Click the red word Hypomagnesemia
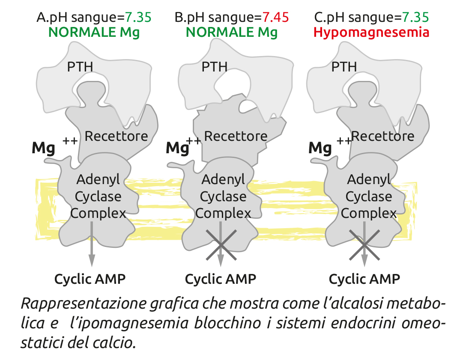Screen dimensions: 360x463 pyautogui.click(x=371, y=32)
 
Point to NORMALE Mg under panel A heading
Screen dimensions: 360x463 pyautogui.click(x=94, y=32)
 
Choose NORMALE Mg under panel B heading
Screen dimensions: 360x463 pyautogui.click(x=232, y=32)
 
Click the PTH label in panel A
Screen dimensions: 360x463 pyautogui.click(x=80, y=66)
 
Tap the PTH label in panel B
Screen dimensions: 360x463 pyautogui.click(x=214, y=66)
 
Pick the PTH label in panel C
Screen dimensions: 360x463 pyautogui.click(x=344, y=66)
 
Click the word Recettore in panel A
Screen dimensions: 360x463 pyautogui.click(x=116, y=136)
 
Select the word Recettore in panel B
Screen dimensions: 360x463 pyautogui.click(x=236, y=136)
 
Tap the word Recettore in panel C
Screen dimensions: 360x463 pyautogui.click(x=382, y=136)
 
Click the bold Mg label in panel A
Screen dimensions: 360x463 pyautogui.click(x=43, y=149)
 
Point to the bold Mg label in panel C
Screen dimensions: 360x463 pyautogui.click(x=320, y=149)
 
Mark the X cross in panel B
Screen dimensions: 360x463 pyautogui.click(x=220, y=245)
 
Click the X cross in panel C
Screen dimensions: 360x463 pyautogui.click(x=364, y=245)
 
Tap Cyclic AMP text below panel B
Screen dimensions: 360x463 pyautogui.click(x=220, y=279)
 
